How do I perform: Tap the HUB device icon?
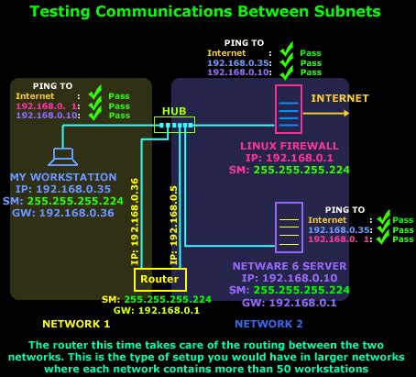[174, 124]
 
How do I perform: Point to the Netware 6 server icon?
[289, 227]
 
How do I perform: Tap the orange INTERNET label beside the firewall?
[339, 97]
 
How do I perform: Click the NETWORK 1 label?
[76, 324]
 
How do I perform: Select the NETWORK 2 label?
[268, 324]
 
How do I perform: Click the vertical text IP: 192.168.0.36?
[134, 221]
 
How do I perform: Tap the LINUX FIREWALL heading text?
[289, 145]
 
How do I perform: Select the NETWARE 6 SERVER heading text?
[290, 264]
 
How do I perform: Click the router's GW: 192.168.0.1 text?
[159, 310]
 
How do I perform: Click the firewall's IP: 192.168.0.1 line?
[290, 157]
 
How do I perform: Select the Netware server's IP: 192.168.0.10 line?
[290, 276]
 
